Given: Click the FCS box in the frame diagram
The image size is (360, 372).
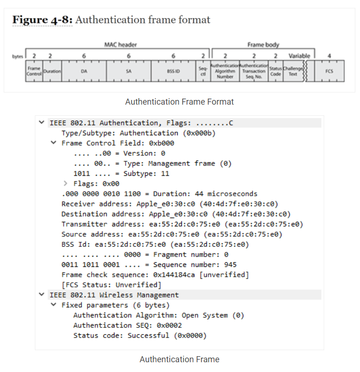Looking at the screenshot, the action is pos(329,71).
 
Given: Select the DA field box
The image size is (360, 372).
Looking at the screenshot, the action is pos(84,71).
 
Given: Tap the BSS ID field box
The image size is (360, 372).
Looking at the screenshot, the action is pos(173,71).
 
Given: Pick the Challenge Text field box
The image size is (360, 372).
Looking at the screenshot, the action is pos(293,71).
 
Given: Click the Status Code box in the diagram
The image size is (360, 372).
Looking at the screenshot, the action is pos(276,71).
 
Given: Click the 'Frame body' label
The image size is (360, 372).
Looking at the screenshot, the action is pos(263,45).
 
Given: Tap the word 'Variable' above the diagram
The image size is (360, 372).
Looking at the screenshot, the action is pos(299,56).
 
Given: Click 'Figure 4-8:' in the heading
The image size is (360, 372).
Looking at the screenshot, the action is pos(42,20).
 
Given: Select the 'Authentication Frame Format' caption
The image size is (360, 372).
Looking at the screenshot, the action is pos(180,101).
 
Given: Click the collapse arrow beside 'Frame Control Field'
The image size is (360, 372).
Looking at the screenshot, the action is pos(53,143).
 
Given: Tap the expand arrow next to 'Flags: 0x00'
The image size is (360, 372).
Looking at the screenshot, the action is pos(66,184).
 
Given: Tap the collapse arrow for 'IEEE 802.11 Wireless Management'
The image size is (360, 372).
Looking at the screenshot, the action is pos(41,295).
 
